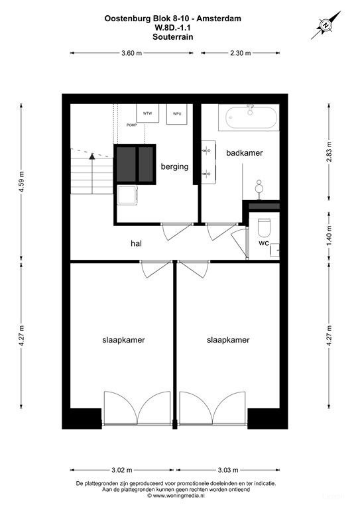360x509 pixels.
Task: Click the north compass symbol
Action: [x=325, y=25]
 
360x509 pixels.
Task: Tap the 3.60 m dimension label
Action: [x=131, y=54]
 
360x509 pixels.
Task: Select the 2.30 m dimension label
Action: [x=240, y=54]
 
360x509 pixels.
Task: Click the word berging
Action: [x=174, y=167]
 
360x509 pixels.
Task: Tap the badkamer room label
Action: [x=244, y=153]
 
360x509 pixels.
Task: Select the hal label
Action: [x=137, y=243]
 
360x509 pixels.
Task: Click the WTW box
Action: [x=147, y=113]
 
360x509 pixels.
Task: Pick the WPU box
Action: [x=177, y=113]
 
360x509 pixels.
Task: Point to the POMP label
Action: [x=131, y=125]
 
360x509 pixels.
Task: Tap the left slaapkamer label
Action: [x=124, y=340]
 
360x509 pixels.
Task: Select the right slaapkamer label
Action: [x=228, y=340]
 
